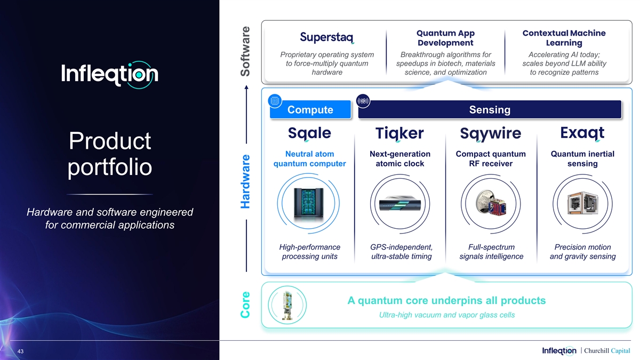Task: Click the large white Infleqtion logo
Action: (110, 75)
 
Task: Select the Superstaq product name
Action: (327, 37)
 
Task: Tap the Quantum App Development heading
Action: (445, 38)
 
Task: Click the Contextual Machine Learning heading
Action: (564, 38)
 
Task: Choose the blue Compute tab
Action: (310, 109)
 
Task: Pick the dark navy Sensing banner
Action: (490, 109)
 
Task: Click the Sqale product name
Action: (309, 133)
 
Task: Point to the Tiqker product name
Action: (399, 133)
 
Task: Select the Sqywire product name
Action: (491, 134)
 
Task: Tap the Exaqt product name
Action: (582, 133)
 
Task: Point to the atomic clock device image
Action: (400, 203)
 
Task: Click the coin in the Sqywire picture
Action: (485, 201)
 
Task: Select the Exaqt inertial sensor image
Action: (582, 203)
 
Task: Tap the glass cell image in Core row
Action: (287, 305)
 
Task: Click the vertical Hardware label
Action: (245, 181)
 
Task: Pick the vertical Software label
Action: (245, 51)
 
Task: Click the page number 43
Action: (20, 351)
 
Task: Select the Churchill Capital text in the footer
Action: (607, 350)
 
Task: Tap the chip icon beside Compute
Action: (275, 101)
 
